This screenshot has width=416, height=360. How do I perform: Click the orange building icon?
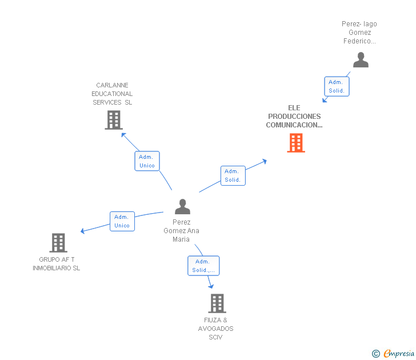click(296, 143)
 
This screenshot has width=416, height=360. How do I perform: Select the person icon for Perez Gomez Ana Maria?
click(182, 206)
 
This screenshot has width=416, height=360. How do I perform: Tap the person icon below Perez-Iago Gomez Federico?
click(361, 59)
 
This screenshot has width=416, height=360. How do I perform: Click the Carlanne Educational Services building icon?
click(114, 120)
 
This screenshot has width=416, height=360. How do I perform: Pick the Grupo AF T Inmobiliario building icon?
click(58, 243)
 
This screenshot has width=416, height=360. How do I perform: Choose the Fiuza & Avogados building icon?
click(217, 303)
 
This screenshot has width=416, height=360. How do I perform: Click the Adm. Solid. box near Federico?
click(337, 86)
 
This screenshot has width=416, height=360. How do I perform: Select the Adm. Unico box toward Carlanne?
click(147, 161)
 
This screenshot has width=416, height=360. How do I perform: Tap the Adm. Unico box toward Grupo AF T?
click(122, 221)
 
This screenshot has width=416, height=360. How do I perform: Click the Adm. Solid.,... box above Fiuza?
click(203, 266)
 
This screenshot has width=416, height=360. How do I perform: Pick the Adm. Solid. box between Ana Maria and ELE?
click(233, 175)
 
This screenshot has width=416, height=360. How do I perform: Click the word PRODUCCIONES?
click(294, 117)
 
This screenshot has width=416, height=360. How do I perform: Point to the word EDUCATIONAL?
click(112, 94)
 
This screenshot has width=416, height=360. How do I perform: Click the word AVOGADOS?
click(215, 329)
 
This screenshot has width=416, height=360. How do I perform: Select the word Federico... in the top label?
click(359, 41)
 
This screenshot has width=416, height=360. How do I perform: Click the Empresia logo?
click(399, 353)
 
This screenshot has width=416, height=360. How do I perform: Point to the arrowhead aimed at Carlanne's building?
click(123, 135)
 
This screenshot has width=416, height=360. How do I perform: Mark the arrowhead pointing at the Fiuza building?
click(211, 286)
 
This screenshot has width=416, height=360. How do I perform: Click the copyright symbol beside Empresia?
click(376, 354)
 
